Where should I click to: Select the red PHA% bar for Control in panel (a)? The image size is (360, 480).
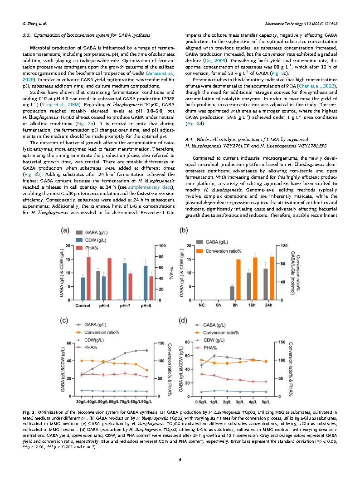[x=88, y=279]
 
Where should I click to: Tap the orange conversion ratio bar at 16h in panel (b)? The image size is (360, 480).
[x=255, y=279]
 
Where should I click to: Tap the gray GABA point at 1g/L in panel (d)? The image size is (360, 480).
[x=214, y=356]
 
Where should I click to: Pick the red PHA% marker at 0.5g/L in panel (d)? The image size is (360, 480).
[x=201, y=374]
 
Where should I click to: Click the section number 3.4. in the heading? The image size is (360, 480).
[x=190, y=138]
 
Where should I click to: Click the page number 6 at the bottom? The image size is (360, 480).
[x=180, y=459]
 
